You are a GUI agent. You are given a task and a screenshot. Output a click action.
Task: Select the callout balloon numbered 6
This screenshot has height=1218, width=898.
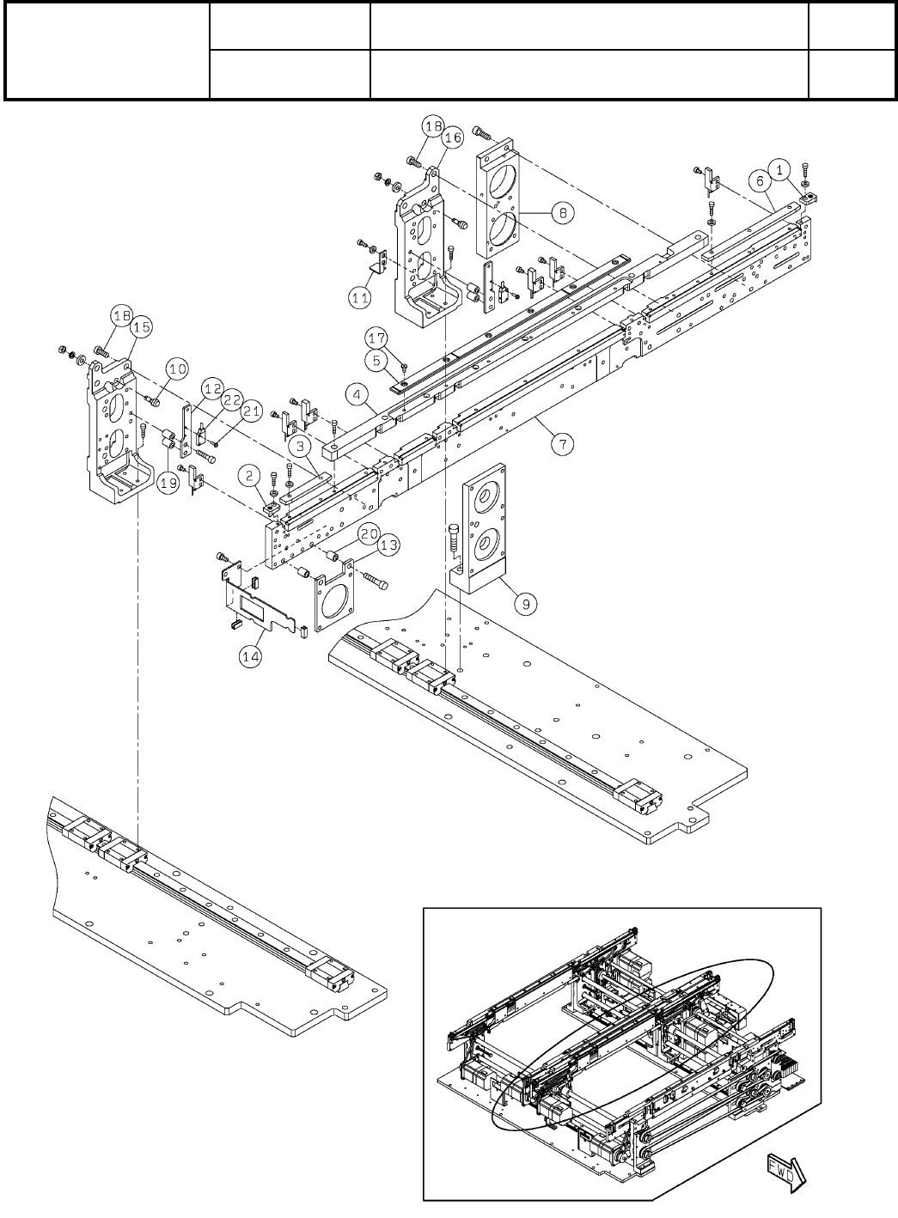757,180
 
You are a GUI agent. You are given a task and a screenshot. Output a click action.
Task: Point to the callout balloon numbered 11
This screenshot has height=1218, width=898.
358,298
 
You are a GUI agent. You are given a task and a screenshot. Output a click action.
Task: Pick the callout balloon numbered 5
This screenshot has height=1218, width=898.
378,360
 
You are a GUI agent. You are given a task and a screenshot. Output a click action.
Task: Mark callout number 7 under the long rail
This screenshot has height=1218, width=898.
562,445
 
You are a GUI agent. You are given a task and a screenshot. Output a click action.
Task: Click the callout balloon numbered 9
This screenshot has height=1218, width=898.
526,604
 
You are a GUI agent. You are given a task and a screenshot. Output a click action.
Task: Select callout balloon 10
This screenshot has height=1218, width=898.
176,369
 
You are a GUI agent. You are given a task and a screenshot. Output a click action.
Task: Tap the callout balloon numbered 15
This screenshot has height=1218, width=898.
142,327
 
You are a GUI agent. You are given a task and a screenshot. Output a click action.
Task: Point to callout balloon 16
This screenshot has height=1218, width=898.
453,137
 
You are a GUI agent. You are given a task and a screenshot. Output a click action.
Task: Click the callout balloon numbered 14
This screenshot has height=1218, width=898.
251,658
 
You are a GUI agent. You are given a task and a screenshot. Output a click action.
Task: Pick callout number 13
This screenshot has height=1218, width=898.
389,544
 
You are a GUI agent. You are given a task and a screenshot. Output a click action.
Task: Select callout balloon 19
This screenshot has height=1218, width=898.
169,484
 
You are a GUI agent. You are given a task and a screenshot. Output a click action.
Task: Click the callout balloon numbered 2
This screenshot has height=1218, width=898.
249,474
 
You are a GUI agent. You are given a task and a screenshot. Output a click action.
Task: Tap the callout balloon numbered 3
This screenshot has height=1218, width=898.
298,447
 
